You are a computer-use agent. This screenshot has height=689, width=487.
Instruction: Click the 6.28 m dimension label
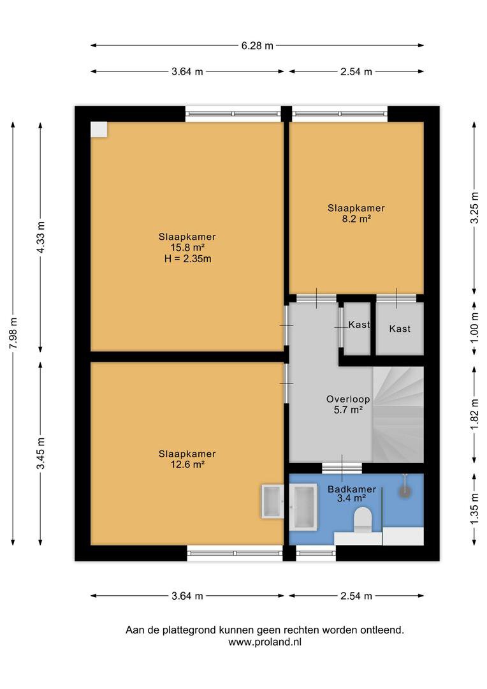[257, 45]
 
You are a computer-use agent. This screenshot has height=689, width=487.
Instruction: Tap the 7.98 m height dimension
[13, 332]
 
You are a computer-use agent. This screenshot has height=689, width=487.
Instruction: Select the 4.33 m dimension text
[40, 237]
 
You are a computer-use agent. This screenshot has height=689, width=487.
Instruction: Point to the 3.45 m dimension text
[40, 453]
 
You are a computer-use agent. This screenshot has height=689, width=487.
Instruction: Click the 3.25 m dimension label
[474, 208]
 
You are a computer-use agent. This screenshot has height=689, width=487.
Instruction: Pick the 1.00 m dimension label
[474, 327]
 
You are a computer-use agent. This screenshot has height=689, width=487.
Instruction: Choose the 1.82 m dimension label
[474, 415]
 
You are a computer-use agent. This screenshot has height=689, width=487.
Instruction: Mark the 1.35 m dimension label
[474, 508]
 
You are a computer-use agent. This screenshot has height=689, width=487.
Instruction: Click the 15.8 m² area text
[187, 248]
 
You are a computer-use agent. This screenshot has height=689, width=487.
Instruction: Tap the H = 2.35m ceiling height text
[187, 258]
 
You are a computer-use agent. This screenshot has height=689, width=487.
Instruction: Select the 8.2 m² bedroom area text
[356, 218]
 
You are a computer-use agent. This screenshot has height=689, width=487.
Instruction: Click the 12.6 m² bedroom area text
[187, 464]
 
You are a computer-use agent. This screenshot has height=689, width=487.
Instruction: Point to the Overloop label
[348, 399]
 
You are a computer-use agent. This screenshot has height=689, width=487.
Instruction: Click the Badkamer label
[352, 489]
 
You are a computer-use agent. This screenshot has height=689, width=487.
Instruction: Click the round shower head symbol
[404, 492]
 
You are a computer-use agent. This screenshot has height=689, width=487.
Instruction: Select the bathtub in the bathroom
[303, 506]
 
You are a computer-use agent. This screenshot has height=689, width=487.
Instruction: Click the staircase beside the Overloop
[398, 415]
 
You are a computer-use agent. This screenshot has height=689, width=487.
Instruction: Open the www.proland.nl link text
[265, 642]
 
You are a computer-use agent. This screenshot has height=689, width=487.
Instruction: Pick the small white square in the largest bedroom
[99, 130]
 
